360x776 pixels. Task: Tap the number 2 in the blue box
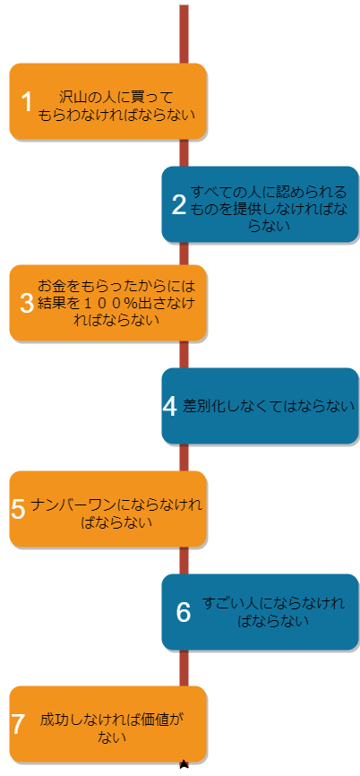[179, 205]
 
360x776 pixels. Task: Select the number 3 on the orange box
[26, 303]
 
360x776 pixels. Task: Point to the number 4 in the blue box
[170, 406]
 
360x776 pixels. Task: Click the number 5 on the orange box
[18, 509]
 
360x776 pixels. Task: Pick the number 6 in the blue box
[184, 612]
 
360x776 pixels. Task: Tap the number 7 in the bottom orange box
[18, 724]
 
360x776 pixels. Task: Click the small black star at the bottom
[184, 764]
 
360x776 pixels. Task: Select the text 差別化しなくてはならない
[269, 406]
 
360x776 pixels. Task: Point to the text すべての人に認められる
[269, 192]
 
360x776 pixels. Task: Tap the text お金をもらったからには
[116, 287]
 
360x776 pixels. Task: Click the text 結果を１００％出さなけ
[116, 304]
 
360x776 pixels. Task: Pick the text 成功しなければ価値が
[112, 719]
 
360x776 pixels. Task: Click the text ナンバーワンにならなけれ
[116, 504]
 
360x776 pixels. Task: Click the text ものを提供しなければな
[269, 209]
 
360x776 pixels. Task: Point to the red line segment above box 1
[184, 34]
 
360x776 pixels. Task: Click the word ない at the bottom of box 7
[112, 737]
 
